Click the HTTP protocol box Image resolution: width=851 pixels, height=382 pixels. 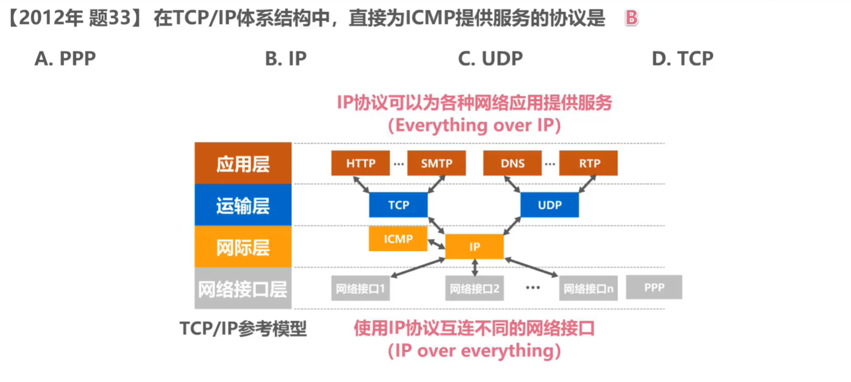tap(361, 163)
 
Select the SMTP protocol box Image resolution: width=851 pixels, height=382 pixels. tap(436, 163)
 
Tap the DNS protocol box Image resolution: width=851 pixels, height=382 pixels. tap(513, 163)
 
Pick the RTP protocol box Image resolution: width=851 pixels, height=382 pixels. tap(588, 163)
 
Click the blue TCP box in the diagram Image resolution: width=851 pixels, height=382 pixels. tap(399, 205)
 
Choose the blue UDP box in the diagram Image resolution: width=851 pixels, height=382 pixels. tap(550, 205)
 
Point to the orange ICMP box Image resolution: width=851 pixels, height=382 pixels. tap(398, 239)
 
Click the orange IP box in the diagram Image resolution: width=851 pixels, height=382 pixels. tap(474, 247)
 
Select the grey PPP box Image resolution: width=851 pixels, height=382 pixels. tap(654, 287)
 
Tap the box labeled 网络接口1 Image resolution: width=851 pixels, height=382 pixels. tap(361, 289)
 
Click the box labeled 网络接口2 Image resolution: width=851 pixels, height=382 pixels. tap(474, 289)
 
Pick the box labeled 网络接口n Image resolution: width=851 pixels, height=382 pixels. tap(588, 289)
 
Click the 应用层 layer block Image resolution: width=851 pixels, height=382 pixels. tap(243, 163)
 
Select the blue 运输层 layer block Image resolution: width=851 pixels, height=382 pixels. tap(243, 205)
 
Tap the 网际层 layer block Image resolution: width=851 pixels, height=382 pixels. tap(243, 247)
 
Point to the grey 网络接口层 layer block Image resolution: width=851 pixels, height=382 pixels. tap(243, 288)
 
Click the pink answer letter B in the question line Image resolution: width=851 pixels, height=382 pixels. tap(631, 17)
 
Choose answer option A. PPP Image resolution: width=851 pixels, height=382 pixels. tap(65, 58)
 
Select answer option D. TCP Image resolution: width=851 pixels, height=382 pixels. tap(683, 58)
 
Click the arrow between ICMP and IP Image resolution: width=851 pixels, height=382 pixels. tap(436, 244)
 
